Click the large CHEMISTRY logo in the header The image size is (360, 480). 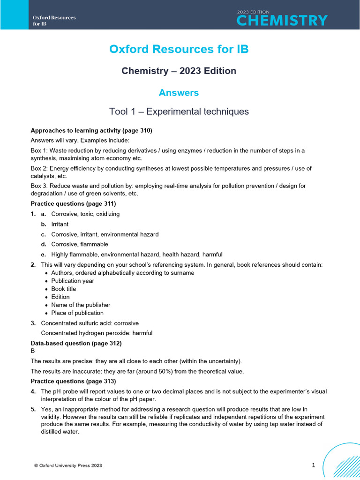coord(282,20)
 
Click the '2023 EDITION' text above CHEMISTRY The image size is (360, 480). coord(253,11)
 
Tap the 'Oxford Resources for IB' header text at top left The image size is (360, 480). coord(54,21)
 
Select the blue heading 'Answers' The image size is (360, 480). coord(179,93)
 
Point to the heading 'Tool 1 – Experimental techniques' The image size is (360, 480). coord(179,112)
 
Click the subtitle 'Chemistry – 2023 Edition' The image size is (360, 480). coord(179,71)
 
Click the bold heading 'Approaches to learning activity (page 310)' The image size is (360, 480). coord(91,130)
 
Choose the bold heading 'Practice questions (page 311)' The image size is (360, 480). coord(73,203)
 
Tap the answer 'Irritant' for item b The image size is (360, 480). coord(60,224)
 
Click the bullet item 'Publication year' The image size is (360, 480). coord(73,281)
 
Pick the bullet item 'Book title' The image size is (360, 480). coord(63,289)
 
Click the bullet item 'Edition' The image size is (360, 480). coord(60,297)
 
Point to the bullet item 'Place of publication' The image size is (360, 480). coord(77,313)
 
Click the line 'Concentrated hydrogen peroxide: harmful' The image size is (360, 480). coord(97,333)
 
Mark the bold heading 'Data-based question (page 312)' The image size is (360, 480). coord(76,343)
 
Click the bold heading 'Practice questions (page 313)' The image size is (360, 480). coord(73,381)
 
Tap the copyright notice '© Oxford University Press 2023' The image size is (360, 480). coord(68,465)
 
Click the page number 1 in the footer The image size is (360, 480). coord(314,465)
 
